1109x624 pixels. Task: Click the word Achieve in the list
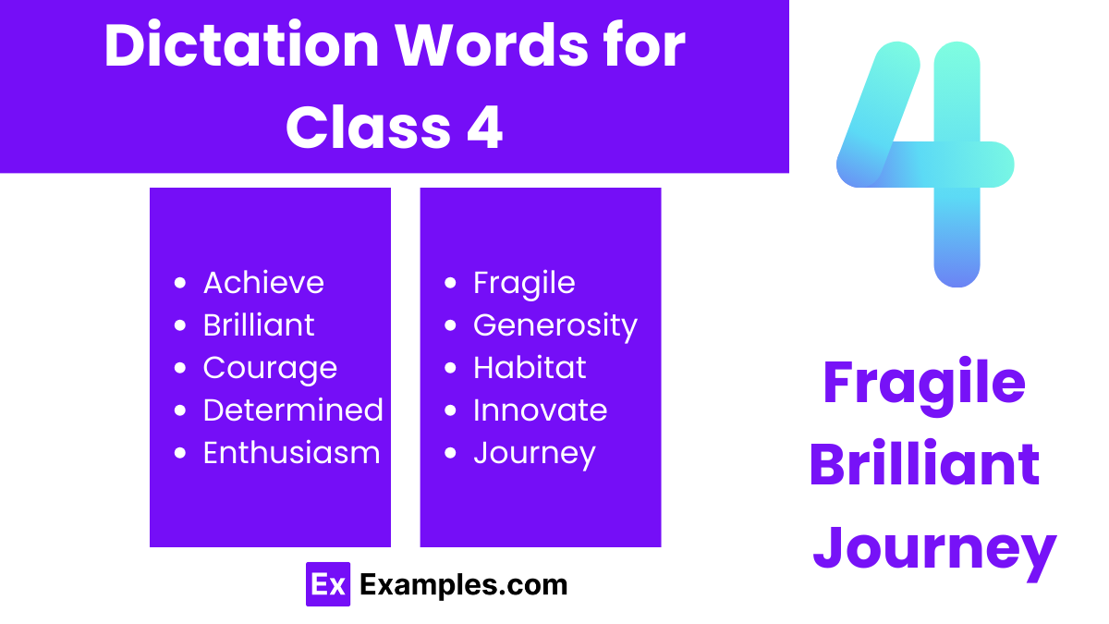tap(263, 283)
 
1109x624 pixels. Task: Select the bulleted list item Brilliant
tap(259, 325)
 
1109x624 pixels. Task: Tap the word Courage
tap(270, 368)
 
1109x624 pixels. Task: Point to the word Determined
tap(293, 410)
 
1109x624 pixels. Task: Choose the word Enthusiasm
tap(291, 453)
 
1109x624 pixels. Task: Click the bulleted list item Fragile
tap(524, 283)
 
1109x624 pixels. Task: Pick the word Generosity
tap(554, 325)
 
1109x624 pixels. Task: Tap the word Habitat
tap(530, 368)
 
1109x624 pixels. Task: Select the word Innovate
tap(540, 410)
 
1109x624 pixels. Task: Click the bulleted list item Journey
tap(534, 453)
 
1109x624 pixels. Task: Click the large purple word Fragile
tap(924, 384)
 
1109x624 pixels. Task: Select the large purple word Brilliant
tap(924, 465)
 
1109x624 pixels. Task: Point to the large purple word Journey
tap(934, 547)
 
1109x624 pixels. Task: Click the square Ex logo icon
tap(328, 584)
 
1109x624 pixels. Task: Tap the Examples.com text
tap(463, 584)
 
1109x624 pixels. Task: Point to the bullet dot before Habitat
tap(450, 368)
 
